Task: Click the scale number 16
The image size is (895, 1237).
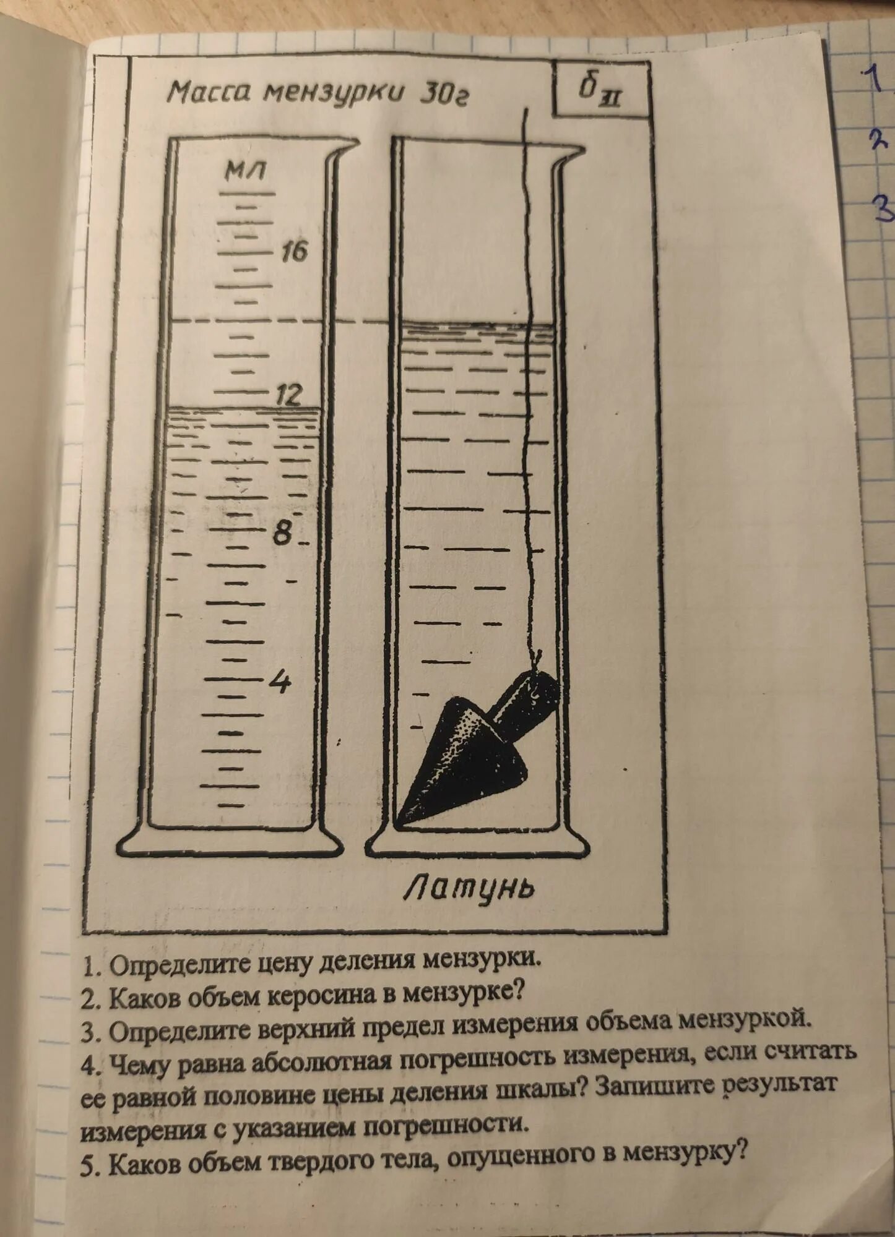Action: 294,251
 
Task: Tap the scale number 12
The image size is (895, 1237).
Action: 288,394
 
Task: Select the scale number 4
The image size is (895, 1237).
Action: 280,681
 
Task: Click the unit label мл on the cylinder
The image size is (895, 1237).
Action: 246,169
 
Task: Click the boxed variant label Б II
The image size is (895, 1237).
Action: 600,91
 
